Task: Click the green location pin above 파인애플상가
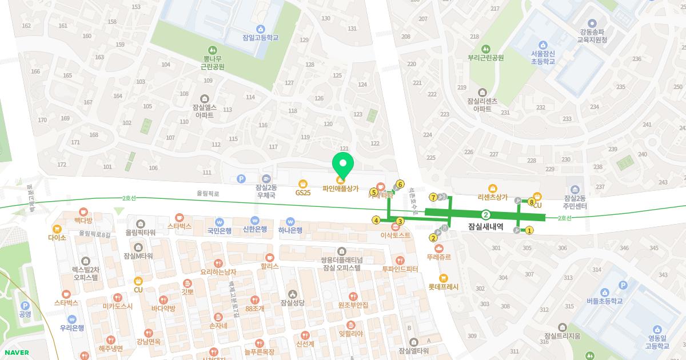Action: [x=343, y=163]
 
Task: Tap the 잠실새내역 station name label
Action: [x=485, y=226]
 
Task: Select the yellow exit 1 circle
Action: [x=529, y=231]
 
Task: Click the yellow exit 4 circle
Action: [x=376, y=220]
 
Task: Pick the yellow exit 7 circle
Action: [x=433, y=197]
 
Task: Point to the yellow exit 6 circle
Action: [x=400, y=184]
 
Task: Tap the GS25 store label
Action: [x=303, y=193]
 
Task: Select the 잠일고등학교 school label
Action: [x=260, y=38]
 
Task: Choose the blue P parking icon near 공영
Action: [x=25, y=306]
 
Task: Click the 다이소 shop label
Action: [x=57, y=237]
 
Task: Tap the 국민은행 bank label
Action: [x=219, y=230]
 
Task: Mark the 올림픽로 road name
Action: [x=208, y=194]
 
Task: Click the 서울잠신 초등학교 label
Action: [x=543, y=57]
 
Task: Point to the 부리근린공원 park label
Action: [x=485, y=57]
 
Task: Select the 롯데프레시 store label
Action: [x=444, y=287]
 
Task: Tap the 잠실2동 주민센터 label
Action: [x=576, y=202]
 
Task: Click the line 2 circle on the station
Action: [x=486, y=215]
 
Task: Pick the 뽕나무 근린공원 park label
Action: [x=213, y=62]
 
